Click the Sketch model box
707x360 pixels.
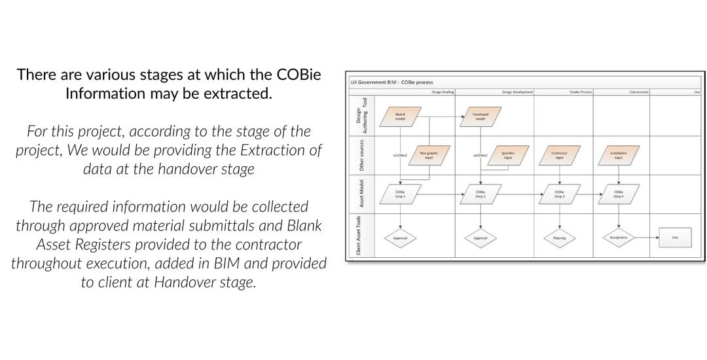click(400, 116)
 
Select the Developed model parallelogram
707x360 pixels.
click(480, 116)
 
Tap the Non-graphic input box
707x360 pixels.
click(429, 155)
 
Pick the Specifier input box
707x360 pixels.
click(508, 155)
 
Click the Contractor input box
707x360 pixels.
click(559, 155)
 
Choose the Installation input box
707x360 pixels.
click(618, 155)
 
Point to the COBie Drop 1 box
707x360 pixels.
click(400, 194)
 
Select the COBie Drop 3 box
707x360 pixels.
click(559, 194)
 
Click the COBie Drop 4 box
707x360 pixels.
click(618, 194)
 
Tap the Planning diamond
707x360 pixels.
click(559, 238)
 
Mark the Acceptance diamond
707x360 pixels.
click(618, 237)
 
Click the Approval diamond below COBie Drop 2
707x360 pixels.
click(480, 238)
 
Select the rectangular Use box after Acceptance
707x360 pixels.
click(675, 237)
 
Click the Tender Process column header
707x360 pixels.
click(580, 92)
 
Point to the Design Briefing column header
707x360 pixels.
click(443, 92)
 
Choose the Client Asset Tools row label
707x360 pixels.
click(359, 236)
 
